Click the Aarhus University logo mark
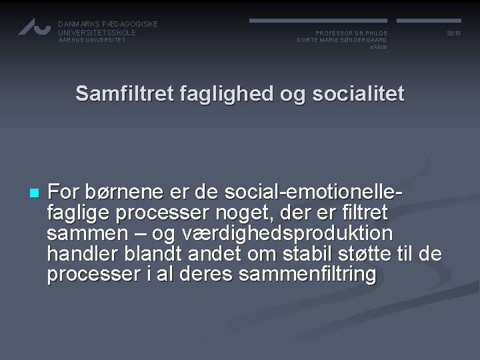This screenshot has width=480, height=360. pos(34,27)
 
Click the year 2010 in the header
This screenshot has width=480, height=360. pos(453,33)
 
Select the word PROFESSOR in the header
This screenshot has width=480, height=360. pos(331,33)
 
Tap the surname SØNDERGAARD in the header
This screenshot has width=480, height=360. pos(364,40)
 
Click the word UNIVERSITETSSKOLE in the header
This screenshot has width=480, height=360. pos(97,32)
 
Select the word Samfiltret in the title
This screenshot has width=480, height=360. pos(125,94)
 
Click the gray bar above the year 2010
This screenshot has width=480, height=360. pos(431,21)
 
